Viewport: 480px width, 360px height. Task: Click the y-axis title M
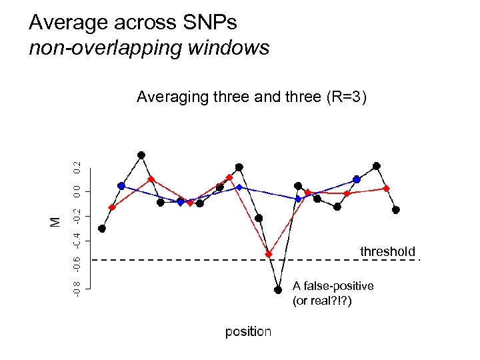56,221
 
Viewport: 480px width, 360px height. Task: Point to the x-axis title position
248,331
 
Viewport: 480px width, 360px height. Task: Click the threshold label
387,251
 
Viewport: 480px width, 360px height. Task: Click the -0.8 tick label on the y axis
77,289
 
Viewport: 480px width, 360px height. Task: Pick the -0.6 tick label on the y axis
77,264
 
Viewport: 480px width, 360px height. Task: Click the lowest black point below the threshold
278,289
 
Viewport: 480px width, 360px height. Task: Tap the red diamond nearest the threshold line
269,254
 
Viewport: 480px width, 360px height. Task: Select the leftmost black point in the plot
102,228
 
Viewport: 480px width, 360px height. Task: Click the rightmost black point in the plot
396,210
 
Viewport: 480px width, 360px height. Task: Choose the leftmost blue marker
121,186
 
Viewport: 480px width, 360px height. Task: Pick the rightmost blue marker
357,179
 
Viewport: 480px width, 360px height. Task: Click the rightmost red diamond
386,189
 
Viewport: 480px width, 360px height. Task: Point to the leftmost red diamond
112,207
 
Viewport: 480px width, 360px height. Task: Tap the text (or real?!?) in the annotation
322,301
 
